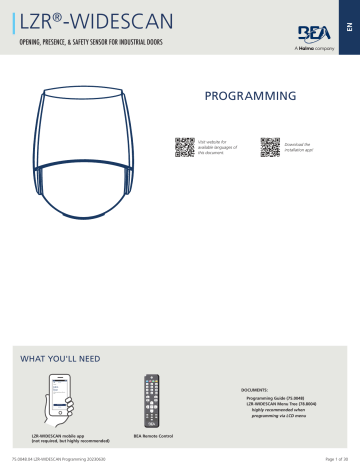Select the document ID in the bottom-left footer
[x=49, y=457]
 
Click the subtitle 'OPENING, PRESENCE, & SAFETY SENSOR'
[x=104, y=45]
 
